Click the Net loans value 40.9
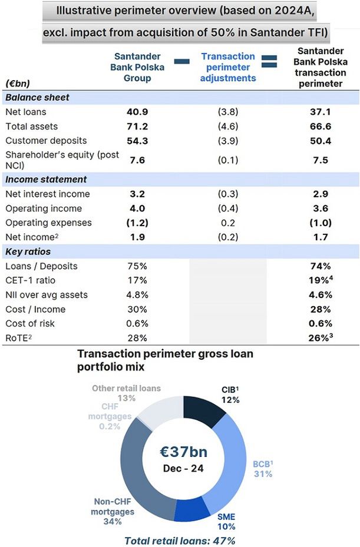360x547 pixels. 137,112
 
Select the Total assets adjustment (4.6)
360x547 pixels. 227,126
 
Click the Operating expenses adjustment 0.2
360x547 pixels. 227,223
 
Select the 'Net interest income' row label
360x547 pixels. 48,194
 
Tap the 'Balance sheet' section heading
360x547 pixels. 37,97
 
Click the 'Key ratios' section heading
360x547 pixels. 30,251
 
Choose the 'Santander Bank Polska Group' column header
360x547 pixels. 137,67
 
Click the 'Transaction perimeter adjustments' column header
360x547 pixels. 228,67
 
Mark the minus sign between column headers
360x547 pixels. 182,61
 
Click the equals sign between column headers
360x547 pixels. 269,61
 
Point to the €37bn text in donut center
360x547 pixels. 184,452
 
